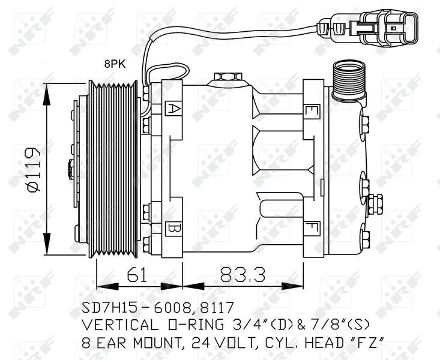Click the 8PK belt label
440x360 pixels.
(115, 64)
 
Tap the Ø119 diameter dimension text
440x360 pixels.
(33, 169)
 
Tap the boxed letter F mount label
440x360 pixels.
(312, 228)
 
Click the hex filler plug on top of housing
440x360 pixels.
(228, 77)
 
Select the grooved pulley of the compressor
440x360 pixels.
(113, 169)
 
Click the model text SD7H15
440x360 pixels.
(112, 308)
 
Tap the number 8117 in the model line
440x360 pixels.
(217, 308)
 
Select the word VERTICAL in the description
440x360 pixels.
(120, 325)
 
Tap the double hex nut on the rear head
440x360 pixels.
(375, 204)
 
